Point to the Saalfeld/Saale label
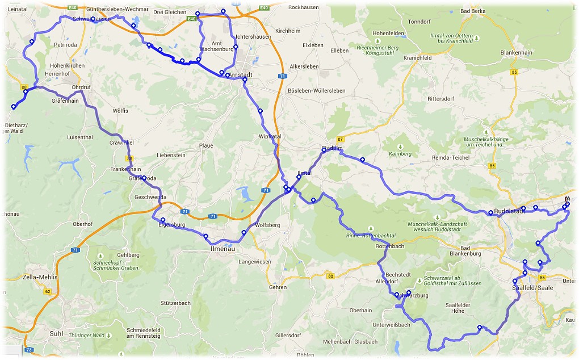pos(532,288)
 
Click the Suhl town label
pos(56,333)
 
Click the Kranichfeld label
pos(417,58)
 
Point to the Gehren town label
pos(278,287)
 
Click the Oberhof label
pos(82,224)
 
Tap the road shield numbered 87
pos(340,139)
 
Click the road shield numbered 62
pos(47,291)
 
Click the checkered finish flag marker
pos(567,199)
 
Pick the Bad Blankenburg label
pos(471,250)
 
